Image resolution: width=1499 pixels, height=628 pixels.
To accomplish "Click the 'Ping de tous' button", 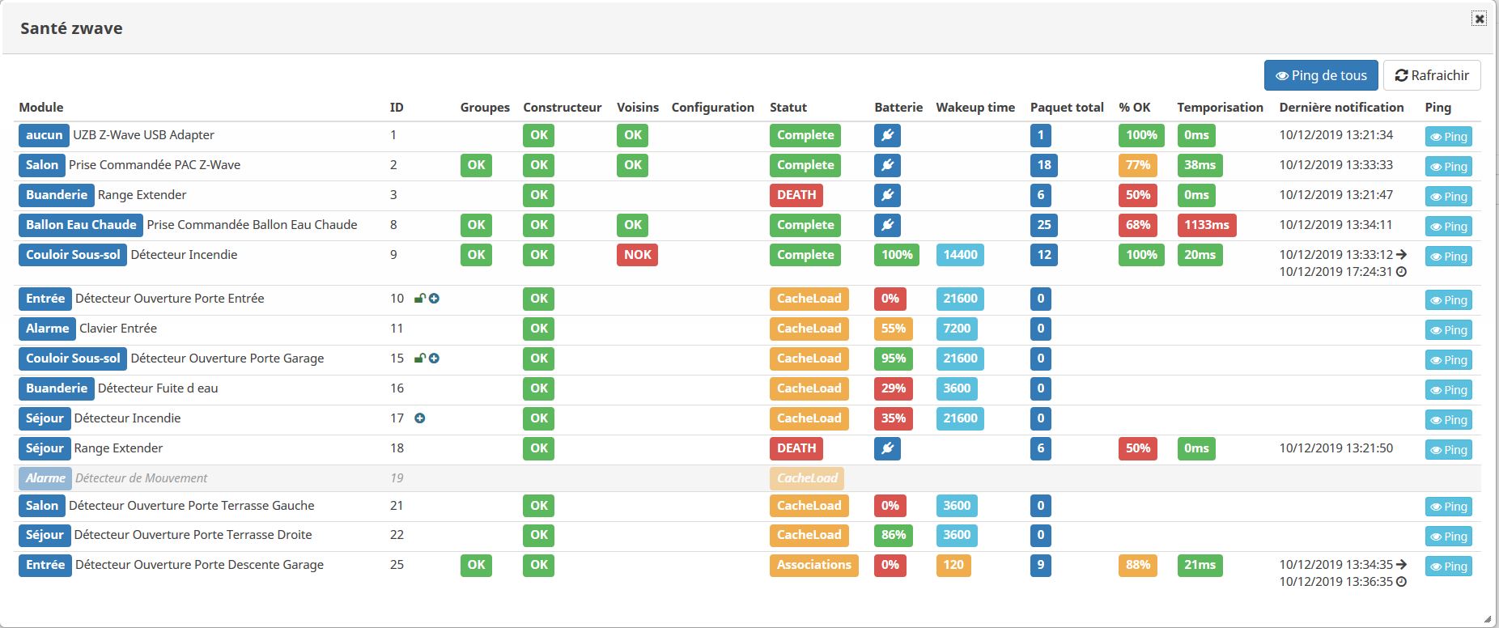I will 1320,75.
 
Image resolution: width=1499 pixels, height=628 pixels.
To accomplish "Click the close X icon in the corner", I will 1479,19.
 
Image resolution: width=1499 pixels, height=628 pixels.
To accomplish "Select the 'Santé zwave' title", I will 71,28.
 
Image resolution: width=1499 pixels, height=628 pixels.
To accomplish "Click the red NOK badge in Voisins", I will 637,255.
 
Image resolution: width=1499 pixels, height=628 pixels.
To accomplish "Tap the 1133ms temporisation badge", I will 1206,225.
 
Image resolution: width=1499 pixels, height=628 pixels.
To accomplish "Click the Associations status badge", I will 813,565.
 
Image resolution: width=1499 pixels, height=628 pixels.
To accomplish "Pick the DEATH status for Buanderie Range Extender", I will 796,195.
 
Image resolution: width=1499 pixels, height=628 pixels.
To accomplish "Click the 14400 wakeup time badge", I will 960,255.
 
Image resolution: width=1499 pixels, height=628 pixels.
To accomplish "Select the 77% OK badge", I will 1137,165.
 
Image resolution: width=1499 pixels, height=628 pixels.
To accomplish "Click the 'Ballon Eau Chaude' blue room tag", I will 81,225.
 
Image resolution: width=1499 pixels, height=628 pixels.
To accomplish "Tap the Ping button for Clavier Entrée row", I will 1448,330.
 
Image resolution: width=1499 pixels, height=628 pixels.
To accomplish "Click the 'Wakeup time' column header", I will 975,108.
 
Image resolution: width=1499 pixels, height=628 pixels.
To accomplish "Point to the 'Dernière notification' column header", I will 1341,108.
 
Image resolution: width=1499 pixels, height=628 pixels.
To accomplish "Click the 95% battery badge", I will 893,359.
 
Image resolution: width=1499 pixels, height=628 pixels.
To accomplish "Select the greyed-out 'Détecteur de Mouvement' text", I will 142,478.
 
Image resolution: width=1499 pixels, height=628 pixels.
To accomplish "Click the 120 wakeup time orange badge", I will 953,565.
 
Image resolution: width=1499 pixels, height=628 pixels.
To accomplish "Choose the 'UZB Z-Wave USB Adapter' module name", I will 143,135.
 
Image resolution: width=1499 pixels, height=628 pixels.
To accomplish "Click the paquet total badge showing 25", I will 1043,225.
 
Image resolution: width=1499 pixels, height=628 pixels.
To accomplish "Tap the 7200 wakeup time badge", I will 956,329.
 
